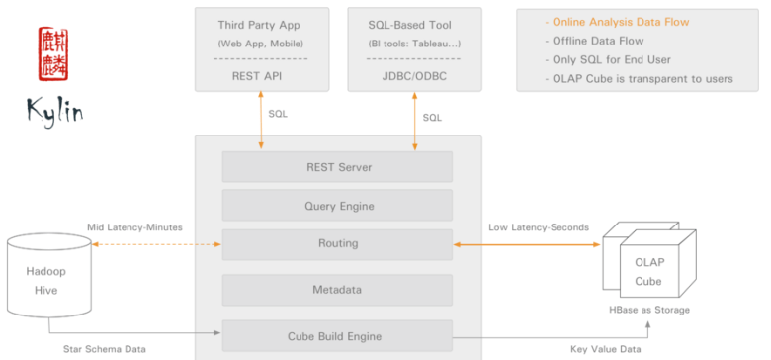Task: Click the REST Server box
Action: point(337,167)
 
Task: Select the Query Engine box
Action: point(337,205)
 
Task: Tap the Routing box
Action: point(337,244)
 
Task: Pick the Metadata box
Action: point(337,290)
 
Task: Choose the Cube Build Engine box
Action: point(337,336)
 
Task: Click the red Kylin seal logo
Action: point(53,54)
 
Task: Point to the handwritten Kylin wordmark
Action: point(55,110)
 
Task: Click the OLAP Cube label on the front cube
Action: point(648,271)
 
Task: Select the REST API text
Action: point(257,77)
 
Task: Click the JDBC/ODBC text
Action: point(414,77)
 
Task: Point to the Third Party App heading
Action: point(259,25)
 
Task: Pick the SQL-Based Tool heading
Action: point(409,25)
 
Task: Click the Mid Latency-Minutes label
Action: point(134,227)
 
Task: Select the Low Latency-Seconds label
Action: point(539,227)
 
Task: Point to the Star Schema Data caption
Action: point(105,349)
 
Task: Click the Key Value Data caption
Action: point(606,349)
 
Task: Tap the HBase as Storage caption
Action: point(649,310)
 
